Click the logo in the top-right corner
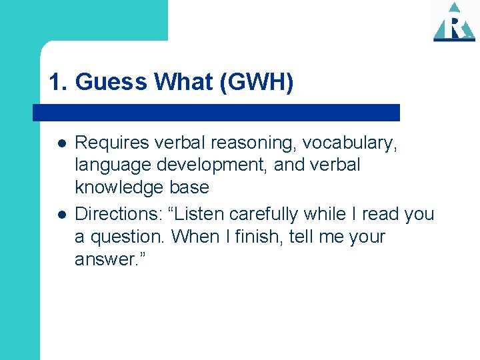(454, 22)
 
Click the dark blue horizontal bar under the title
(217, 112)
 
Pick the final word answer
(104, 259)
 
